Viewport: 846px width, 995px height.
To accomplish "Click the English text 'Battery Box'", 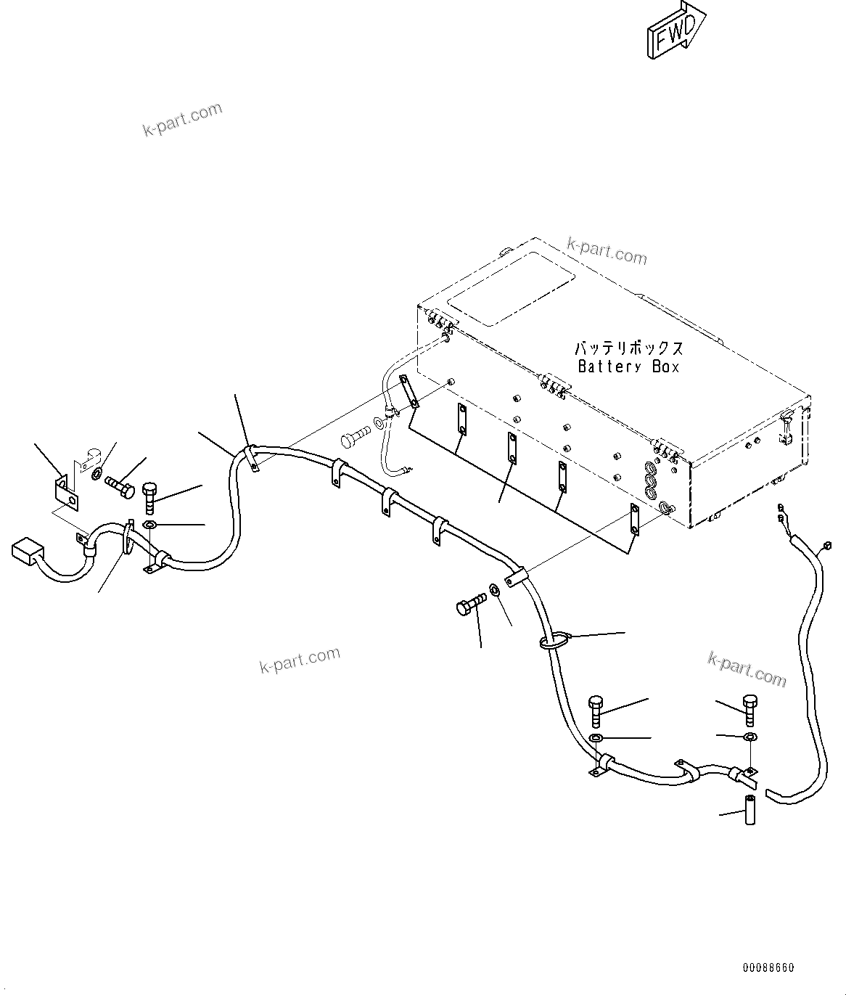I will pyautogui.click(x=628, y=367).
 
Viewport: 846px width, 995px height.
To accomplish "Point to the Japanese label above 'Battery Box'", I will pyautogui.click(x=628, y=348).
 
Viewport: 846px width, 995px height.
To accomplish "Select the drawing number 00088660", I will pyautogui.click(x=768, y=967).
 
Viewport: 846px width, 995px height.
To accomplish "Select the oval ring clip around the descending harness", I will pyautogui.click(x=554, y=640).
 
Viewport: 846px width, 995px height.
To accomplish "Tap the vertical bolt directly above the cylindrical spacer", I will pyautogui.click(x=750, y=709).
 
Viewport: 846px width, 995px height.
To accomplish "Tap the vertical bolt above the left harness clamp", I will pyautogui.click(x=150, y=496).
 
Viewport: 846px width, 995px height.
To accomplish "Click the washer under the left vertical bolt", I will pyautogui.click(x=149, y=525).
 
